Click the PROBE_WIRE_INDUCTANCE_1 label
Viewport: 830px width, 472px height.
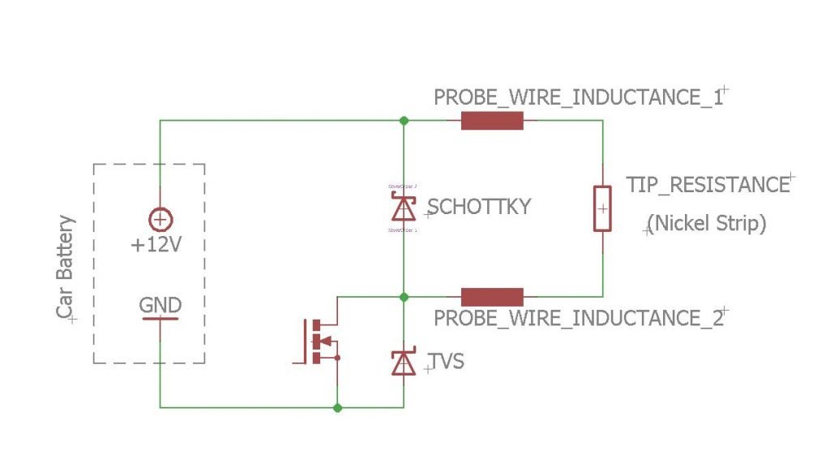coord(578,97)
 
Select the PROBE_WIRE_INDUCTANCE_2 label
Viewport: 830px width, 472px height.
coord(578,317)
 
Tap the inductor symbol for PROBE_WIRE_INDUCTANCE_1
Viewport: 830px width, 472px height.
coord(492,122)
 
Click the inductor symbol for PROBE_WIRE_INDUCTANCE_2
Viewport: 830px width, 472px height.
coord(492,297)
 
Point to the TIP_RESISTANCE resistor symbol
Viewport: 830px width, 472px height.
coord(602,208)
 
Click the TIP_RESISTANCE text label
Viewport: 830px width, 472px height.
coord(708,185)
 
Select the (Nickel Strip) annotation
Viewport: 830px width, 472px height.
coord(708,223)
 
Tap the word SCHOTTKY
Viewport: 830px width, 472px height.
coord(478,207)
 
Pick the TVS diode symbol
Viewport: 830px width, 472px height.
coord(403,362)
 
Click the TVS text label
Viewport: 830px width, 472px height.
coord(447,361)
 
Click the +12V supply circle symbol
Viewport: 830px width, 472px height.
coord(160,219)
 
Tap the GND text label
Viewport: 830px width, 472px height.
coord(160,306)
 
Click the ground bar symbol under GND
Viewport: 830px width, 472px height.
coord(160,319)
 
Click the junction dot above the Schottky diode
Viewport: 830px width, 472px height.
coord(404,121)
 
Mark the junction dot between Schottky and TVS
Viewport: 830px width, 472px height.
coord(404,297)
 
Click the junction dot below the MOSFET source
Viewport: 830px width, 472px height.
coord(337,407)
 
